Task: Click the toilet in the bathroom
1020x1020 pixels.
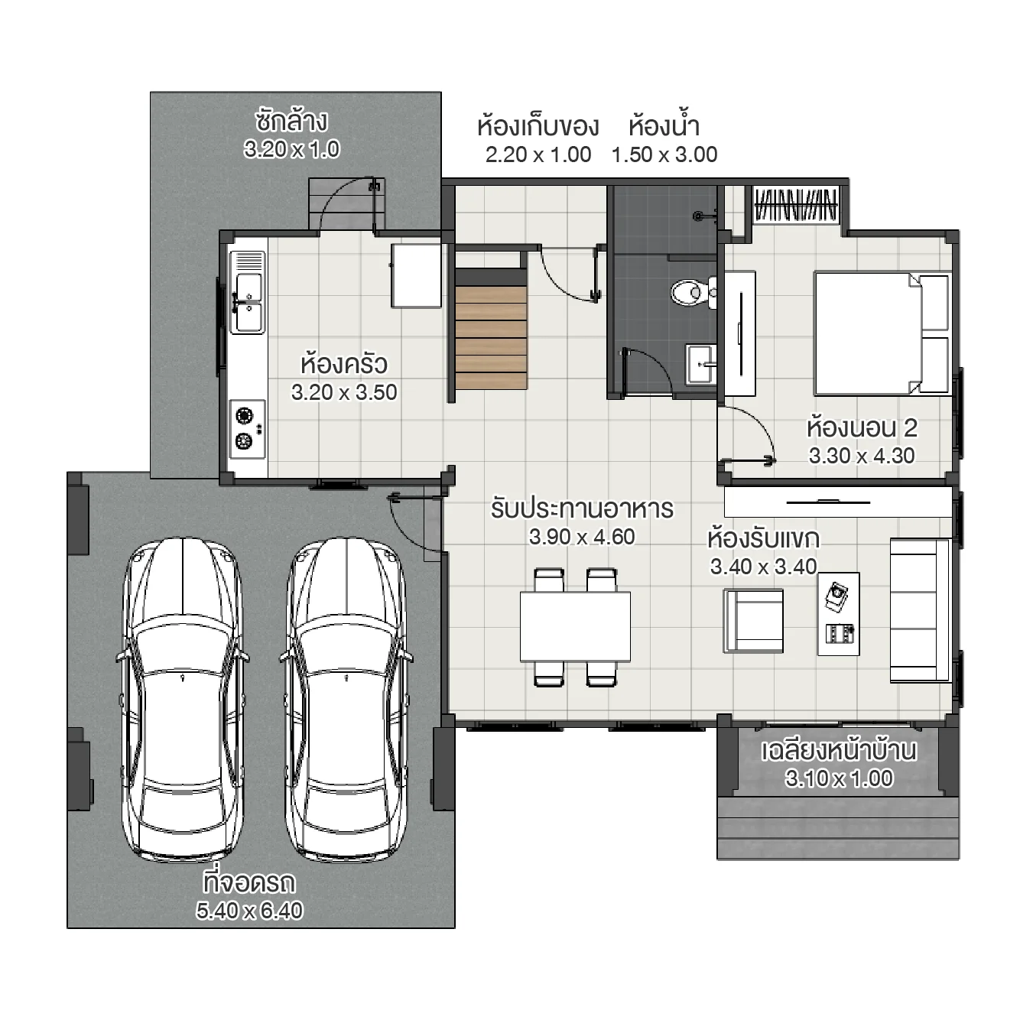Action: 690,291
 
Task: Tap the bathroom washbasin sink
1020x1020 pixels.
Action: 700,365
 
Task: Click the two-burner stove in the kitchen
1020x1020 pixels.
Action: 247,428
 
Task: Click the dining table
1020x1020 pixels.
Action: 575,626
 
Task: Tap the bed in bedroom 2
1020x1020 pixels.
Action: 881,333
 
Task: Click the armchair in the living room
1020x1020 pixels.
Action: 754,620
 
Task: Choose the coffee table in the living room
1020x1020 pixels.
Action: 838,614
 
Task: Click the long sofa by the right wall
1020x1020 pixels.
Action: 920,610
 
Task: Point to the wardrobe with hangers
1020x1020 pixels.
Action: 795,205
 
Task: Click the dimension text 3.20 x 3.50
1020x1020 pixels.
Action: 344,392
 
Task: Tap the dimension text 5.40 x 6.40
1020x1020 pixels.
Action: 249,911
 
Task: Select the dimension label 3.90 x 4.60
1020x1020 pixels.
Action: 582,537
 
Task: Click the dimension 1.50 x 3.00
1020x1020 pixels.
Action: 664,154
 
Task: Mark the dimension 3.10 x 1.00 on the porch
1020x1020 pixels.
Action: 839,778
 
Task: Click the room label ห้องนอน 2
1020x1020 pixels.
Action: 862,427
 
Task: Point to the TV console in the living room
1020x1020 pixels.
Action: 837,502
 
